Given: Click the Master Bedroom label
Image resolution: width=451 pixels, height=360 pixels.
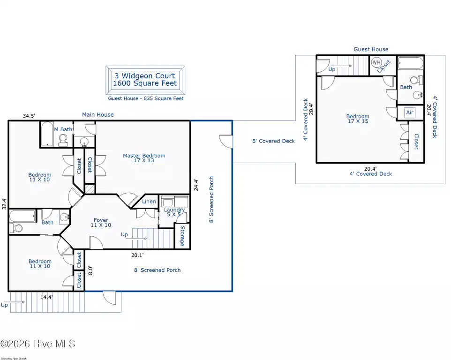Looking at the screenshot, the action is click(144, 158).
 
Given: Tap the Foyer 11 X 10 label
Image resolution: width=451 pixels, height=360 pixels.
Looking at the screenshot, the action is click(101, 223).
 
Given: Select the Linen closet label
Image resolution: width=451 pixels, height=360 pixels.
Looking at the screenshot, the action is click(149, 202).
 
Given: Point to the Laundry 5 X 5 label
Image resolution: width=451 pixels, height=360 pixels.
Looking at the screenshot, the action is click(174, 212).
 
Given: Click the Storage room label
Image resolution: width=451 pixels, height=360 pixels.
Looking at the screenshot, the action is click(182, 236).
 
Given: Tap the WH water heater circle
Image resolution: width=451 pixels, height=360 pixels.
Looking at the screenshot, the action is click(376, 62).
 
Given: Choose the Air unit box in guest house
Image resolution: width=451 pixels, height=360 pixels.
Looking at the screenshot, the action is click(410, 112).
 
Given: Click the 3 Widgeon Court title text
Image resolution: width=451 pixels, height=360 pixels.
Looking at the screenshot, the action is click(145, 76).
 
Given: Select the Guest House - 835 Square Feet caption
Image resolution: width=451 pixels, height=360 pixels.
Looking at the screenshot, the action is click(146, 98).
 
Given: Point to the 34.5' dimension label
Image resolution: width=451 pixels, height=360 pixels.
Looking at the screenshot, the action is click(29, 116).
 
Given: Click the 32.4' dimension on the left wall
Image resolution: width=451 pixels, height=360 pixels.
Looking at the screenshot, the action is click(4, 203).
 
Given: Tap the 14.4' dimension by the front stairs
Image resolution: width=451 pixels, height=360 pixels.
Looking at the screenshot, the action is click(46, 297).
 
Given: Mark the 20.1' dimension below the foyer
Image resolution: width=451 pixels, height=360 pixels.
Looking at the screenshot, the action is click(137, 255).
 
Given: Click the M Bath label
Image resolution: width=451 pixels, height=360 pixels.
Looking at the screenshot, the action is click(63, 129).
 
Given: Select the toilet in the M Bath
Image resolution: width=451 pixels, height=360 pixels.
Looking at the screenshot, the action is click(63, 140).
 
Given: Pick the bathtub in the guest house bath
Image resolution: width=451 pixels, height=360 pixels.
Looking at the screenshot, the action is click(411, 63).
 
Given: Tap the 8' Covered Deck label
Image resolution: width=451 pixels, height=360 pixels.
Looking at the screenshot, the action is click(273, 141).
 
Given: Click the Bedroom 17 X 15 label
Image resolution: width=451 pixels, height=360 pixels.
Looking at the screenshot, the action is click(358, 119).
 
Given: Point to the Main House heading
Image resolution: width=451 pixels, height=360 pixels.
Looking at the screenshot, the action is click(98, 114).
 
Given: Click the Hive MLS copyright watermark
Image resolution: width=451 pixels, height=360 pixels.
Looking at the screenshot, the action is click(38, 344).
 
